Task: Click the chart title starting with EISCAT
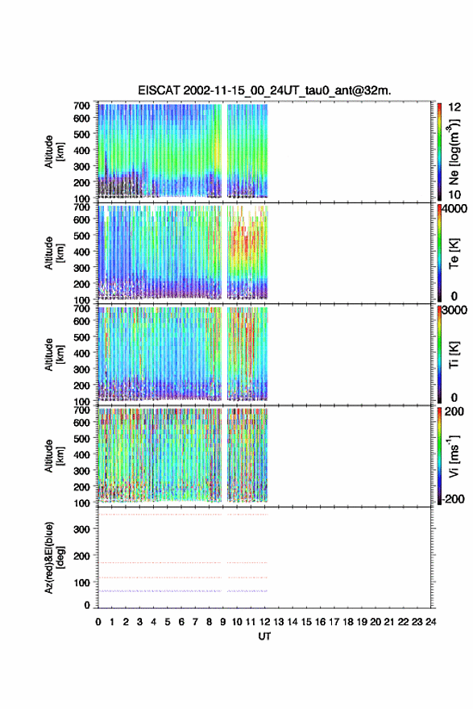[x=264, y=90]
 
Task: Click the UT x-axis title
[x=264, y=636]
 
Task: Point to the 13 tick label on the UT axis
[x=279, y=622]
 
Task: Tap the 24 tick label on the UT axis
[x=430, y=622]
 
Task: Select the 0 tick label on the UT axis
[x=98, y=622]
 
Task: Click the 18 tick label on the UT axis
[x=348, y=622]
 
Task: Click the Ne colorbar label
[x=454, y=152]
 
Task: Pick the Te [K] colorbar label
[x=454, y=253]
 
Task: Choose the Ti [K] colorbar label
[x=454, y=355]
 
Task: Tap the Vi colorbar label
[x=454, y=457]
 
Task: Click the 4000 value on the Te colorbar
[x=454, y=208]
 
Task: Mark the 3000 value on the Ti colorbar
[x=454, y=310]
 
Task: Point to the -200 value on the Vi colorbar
[x=453, y=498]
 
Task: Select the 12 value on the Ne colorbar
[x=454, y=107]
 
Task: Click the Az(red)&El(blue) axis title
[x=54, y=557]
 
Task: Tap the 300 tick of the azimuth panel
[x=81, y=529]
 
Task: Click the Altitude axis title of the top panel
[x=54, y=152]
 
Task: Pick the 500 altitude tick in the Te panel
[x=81, y=236]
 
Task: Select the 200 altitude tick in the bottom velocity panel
[x=81, y=486]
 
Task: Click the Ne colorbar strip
[x=439, y=152]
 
